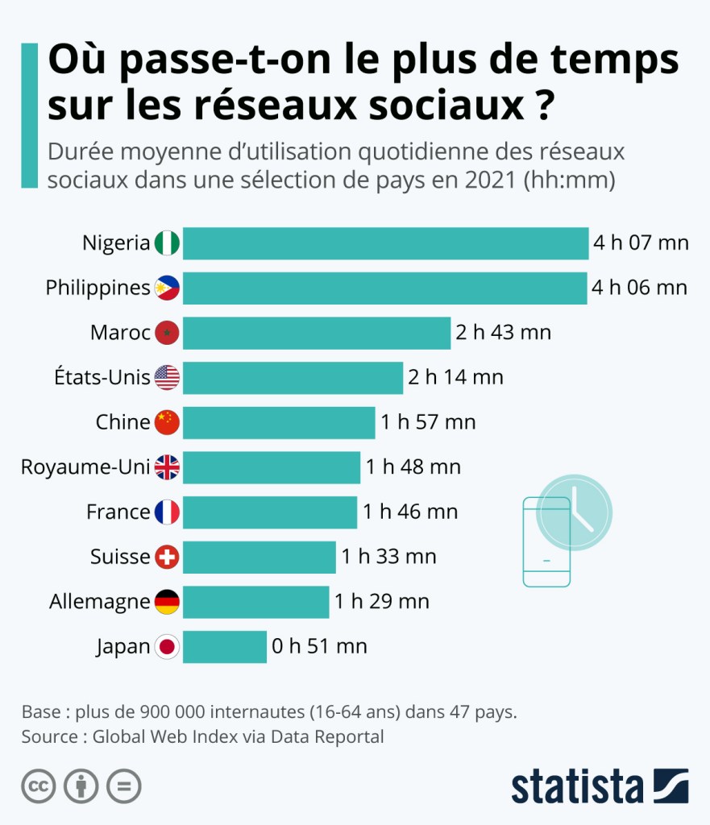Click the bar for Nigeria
point(385,243)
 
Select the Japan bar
point(224,646)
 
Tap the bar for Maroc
point(316,333)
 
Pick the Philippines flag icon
point(167,288)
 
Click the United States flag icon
point(167,377)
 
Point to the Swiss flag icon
point(167,557)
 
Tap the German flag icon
point(167,601)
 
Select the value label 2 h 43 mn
point(503,333)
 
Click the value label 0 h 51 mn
point(319,646)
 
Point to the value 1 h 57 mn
point(428,422)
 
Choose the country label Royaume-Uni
point(85,467)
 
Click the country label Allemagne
point(99,602)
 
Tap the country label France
point(118,512)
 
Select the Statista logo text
point(577,786)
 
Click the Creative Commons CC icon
point(39,786)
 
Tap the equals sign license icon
point(124,786)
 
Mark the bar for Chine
point(279,422)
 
